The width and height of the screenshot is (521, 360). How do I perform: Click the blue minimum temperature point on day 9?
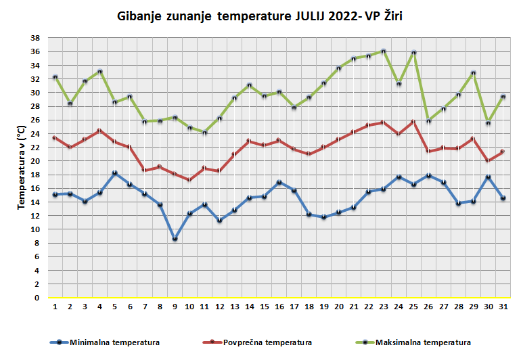175,239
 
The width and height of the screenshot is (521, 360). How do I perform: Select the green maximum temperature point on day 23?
383,51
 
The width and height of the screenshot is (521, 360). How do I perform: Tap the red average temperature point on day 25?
413,122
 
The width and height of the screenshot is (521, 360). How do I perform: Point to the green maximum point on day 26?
428,120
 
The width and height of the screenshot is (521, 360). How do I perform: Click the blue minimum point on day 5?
115,173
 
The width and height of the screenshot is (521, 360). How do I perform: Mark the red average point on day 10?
189,180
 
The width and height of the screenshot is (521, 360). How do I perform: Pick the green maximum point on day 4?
100,72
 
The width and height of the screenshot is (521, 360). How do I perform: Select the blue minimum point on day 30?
488,177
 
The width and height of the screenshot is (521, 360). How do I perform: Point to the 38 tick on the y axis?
37,38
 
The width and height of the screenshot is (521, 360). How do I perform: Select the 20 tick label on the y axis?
37,161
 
